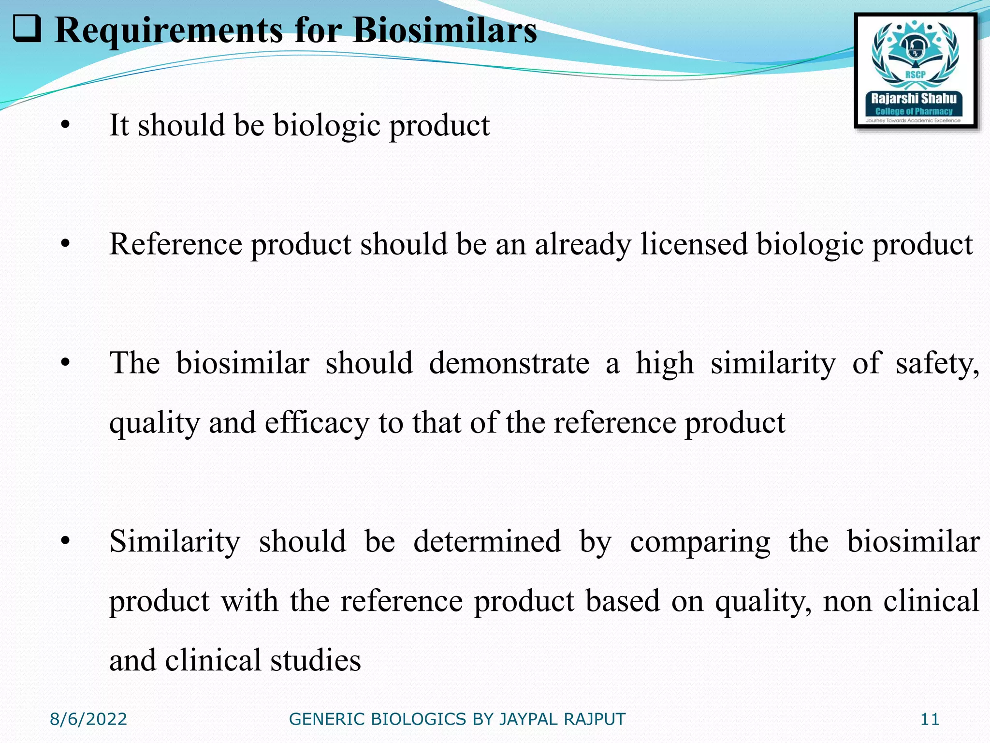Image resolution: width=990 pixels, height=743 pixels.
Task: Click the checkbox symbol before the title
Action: point(27,29)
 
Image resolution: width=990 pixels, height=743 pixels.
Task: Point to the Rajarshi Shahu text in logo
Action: point(914,99)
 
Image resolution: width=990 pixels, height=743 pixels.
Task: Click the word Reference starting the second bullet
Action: point(175,244)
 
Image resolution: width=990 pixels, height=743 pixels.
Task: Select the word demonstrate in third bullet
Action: point(509,363)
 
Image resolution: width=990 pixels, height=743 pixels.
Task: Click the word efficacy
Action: point(317,423)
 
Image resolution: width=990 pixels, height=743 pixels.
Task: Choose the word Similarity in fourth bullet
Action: point(175,541)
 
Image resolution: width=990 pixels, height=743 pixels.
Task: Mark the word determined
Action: point(487,541)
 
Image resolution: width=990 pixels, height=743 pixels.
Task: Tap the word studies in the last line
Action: point(315,660)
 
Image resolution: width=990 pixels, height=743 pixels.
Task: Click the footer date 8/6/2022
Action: point(88,719)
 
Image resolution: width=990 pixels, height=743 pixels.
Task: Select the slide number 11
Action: point(930,719)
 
